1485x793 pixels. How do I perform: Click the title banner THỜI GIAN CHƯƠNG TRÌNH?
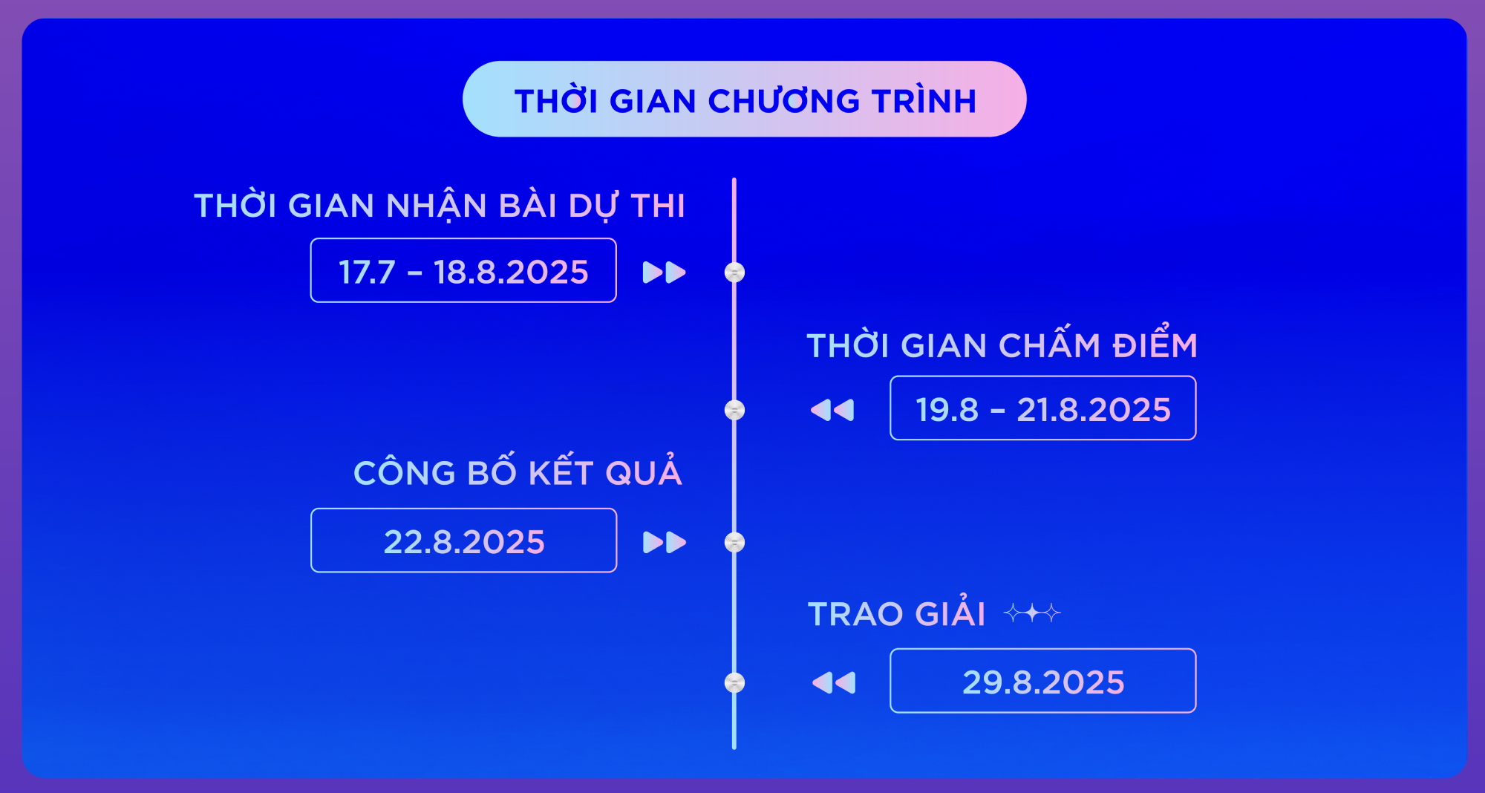point(744,99)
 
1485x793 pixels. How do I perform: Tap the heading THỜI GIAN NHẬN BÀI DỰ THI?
point(440,205)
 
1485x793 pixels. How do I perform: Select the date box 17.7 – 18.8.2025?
point(463,270)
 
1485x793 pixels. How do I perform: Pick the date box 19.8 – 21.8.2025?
point(1043,408)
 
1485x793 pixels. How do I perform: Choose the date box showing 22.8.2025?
point(463,541)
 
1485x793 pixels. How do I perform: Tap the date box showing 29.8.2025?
point(1043,681)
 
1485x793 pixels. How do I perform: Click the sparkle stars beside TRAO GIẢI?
point(1032,613)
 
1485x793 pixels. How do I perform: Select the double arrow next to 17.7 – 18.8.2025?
point(665,273)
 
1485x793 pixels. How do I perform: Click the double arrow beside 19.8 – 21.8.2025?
point(832,410)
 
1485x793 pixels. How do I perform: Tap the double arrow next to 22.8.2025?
point(665,543)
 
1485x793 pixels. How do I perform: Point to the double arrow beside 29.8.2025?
point(834,682)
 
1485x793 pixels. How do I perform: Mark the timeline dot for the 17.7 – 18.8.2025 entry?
point(734,273)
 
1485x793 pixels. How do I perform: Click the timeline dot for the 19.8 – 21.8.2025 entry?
point(734,410)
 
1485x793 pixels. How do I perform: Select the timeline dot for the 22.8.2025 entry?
point(734,543)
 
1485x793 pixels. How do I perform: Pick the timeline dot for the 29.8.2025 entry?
point(734,682)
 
